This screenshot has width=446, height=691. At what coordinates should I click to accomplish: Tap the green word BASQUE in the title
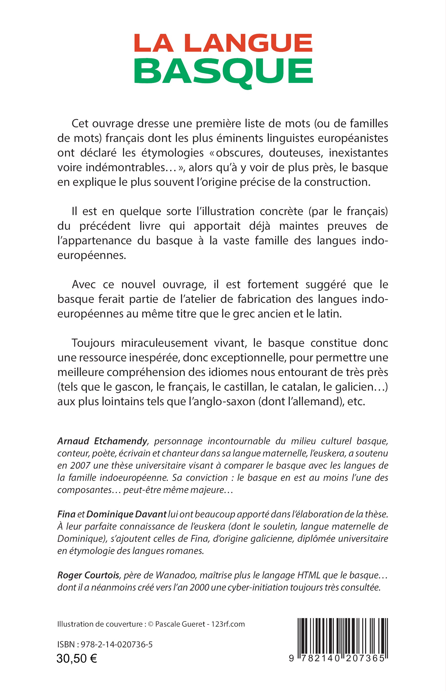tap(223, 71)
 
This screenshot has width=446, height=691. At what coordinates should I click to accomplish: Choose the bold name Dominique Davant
tap(126, 514)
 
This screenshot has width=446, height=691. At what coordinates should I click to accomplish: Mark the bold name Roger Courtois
tap(88, 575)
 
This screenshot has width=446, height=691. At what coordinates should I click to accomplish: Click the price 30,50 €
tap(77, 659)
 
